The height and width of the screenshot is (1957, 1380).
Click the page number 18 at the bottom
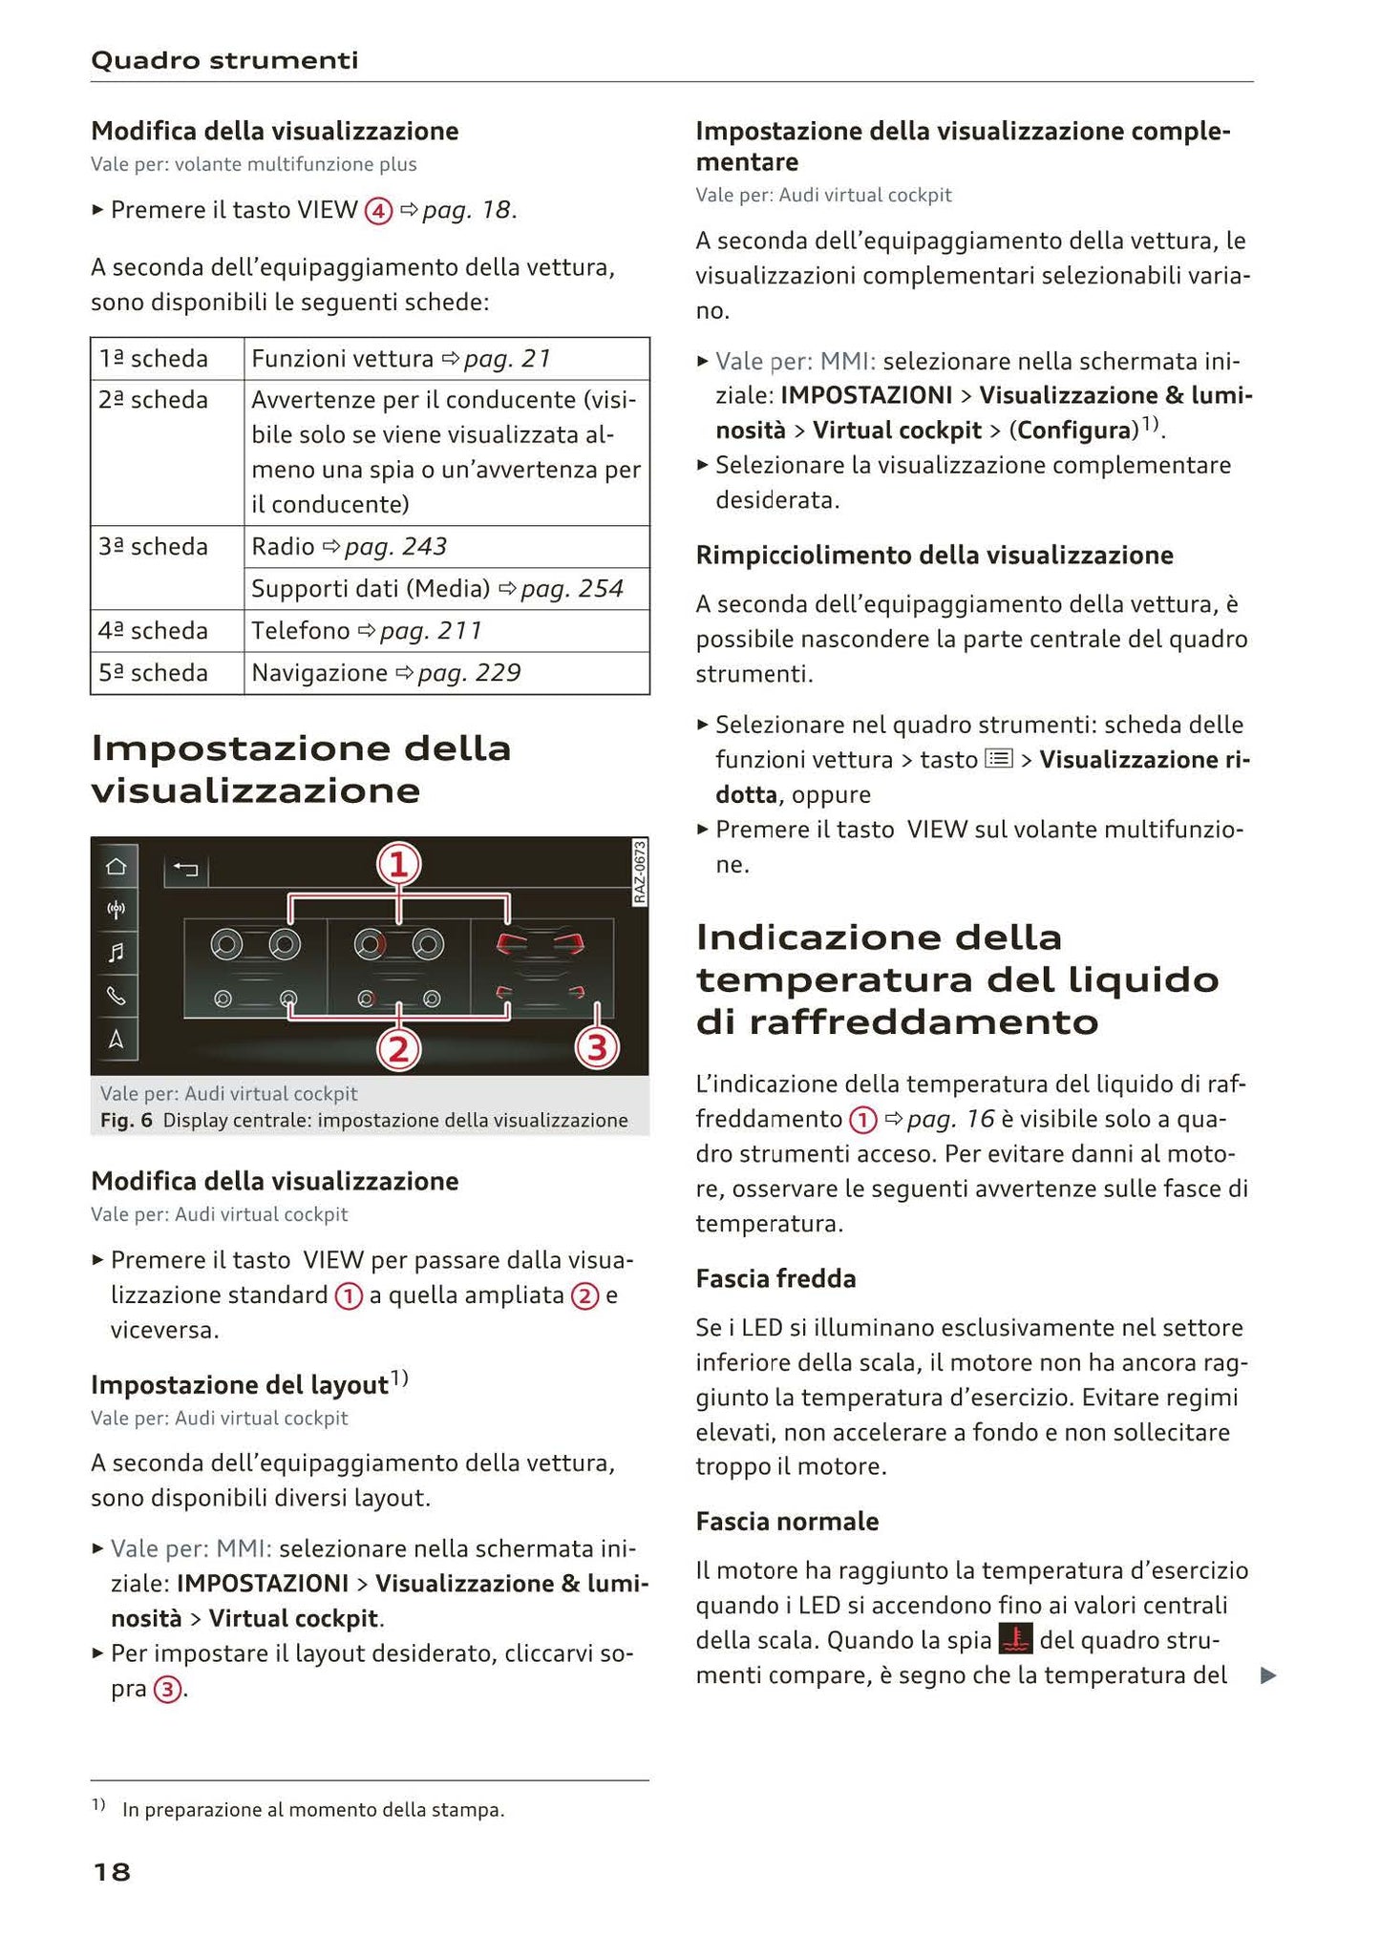coord(112,1872)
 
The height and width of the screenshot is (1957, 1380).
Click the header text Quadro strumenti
coord(224,60)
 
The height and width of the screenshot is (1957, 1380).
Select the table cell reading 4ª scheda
coord(154,631)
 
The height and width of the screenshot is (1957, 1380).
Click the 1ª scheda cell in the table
coord(154,359)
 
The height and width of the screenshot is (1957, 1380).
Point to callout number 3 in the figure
coord(597,1048)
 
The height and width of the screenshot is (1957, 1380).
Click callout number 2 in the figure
coord(398,1049)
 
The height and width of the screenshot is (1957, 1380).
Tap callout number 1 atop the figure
coord(398,865)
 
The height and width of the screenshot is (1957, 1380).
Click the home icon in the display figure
coord(116,867)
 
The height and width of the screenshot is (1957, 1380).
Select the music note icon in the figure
coord(116,952)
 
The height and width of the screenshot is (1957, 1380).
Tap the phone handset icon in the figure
coord(116,996)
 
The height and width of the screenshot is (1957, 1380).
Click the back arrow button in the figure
coord(186,869)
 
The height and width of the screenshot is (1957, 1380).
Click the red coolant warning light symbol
coord(1015,1640)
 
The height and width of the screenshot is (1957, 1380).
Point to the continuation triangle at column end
coord(1268,1675)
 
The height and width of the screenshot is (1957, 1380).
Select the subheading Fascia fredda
coord(775,1278)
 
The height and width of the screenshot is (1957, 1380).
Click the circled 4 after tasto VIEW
coord(379,211)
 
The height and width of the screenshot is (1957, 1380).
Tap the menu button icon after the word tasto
coord(999,759)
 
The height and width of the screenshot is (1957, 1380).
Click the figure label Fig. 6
coord(126,1120)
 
